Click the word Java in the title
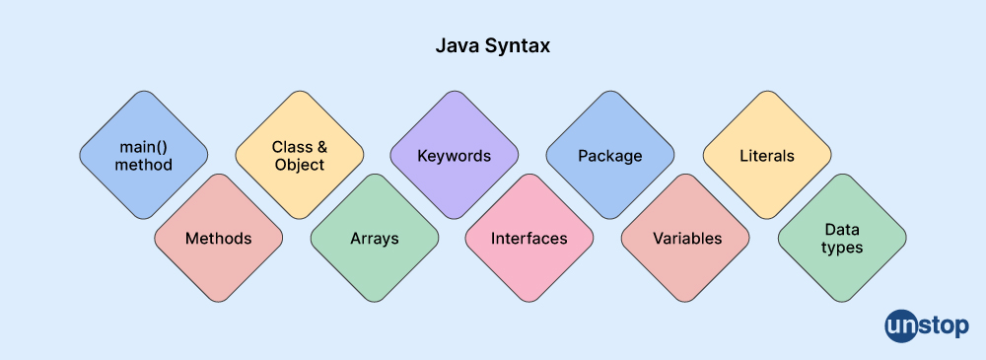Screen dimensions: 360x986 pyautogui.click(x=457, y=46)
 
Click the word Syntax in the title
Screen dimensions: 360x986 pyautogui.click(x=517, y=46)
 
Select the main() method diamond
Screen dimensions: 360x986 pyautogui.click(x=143, y=155)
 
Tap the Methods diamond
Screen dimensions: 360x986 pyautogui.click(x=218, y=238)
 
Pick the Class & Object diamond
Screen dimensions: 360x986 pyautogui.click(x=299, y=155)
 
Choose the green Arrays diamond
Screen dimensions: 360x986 pyautogui.click(x=374, y=238)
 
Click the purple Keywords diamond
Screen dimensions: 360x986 pyautogui.click(x=454, y=155)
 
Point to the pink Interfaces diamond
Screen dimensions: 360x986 pyautogui.click(x=529, y=238)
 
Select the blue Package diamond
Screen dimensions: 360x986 pyautogui.click(x=609, y=155)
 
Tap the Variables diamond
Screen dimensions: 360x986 pyautogui.click(x=686, y=238)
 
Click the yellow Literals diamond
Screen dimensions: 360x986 pyautogui.click(x=766, y=155)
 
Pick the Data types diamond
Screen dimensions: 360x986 pyautogui.click(x=842, y=238)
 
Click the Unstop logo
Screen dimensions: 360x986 pyautogui.click(x=927, y=325)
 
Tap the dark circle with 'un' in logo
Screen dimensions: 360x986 pyautogui.click(x=901, y=325)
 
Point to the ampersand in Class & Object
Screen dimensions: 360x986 pyautogui.click(x=320, y=147)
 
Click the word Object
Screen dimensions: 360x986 pyautogui.click(x=299, y=165)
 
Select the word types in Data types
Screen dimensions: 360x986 pyautogui.click(x=842, y=248)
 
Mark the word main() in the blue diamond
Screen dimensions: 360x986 pyautogui.click(x=143, y=147)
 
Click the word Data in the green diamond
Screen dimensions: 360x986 pyautogui.click(x=842, y=229)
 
